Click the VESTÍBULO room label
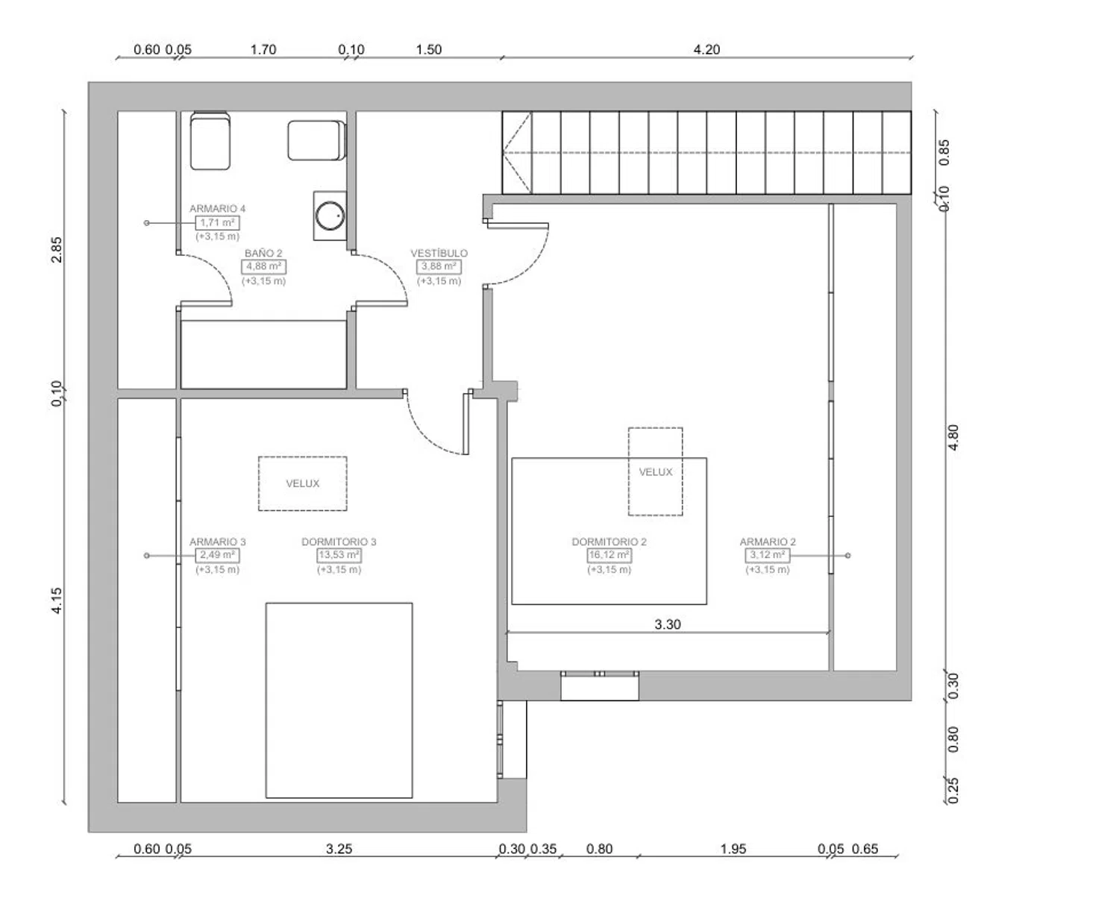pos(439,253)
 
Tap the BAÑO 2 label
pos(263,253)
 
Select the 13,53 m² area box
pos(339,555)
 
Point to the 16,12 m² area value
pos(609,555)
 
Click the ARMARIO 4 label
pos(218,209)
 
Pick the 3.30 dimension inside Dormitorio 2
pos(667,624)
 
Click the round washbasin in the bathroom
pos(330,216)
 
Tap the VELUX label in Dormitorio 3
pos(302,483)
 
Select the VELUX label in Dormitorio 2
pos(655,471)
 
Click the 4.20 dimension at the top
pos(706,49)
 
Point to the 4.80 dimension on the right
pos(953,437)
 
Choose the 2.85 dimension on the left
pos(56,249)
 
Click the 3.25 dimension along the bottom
pos(339,849)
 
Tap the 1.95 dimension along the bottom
pos(733,849)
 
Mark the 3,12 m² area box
pos(767,555)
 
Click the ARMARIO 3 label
pos(218,542)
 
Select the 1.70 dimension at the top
pos(263,49)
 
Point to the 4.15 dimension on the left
pos(56,600)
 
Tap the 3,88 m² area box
pos(439,266)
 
